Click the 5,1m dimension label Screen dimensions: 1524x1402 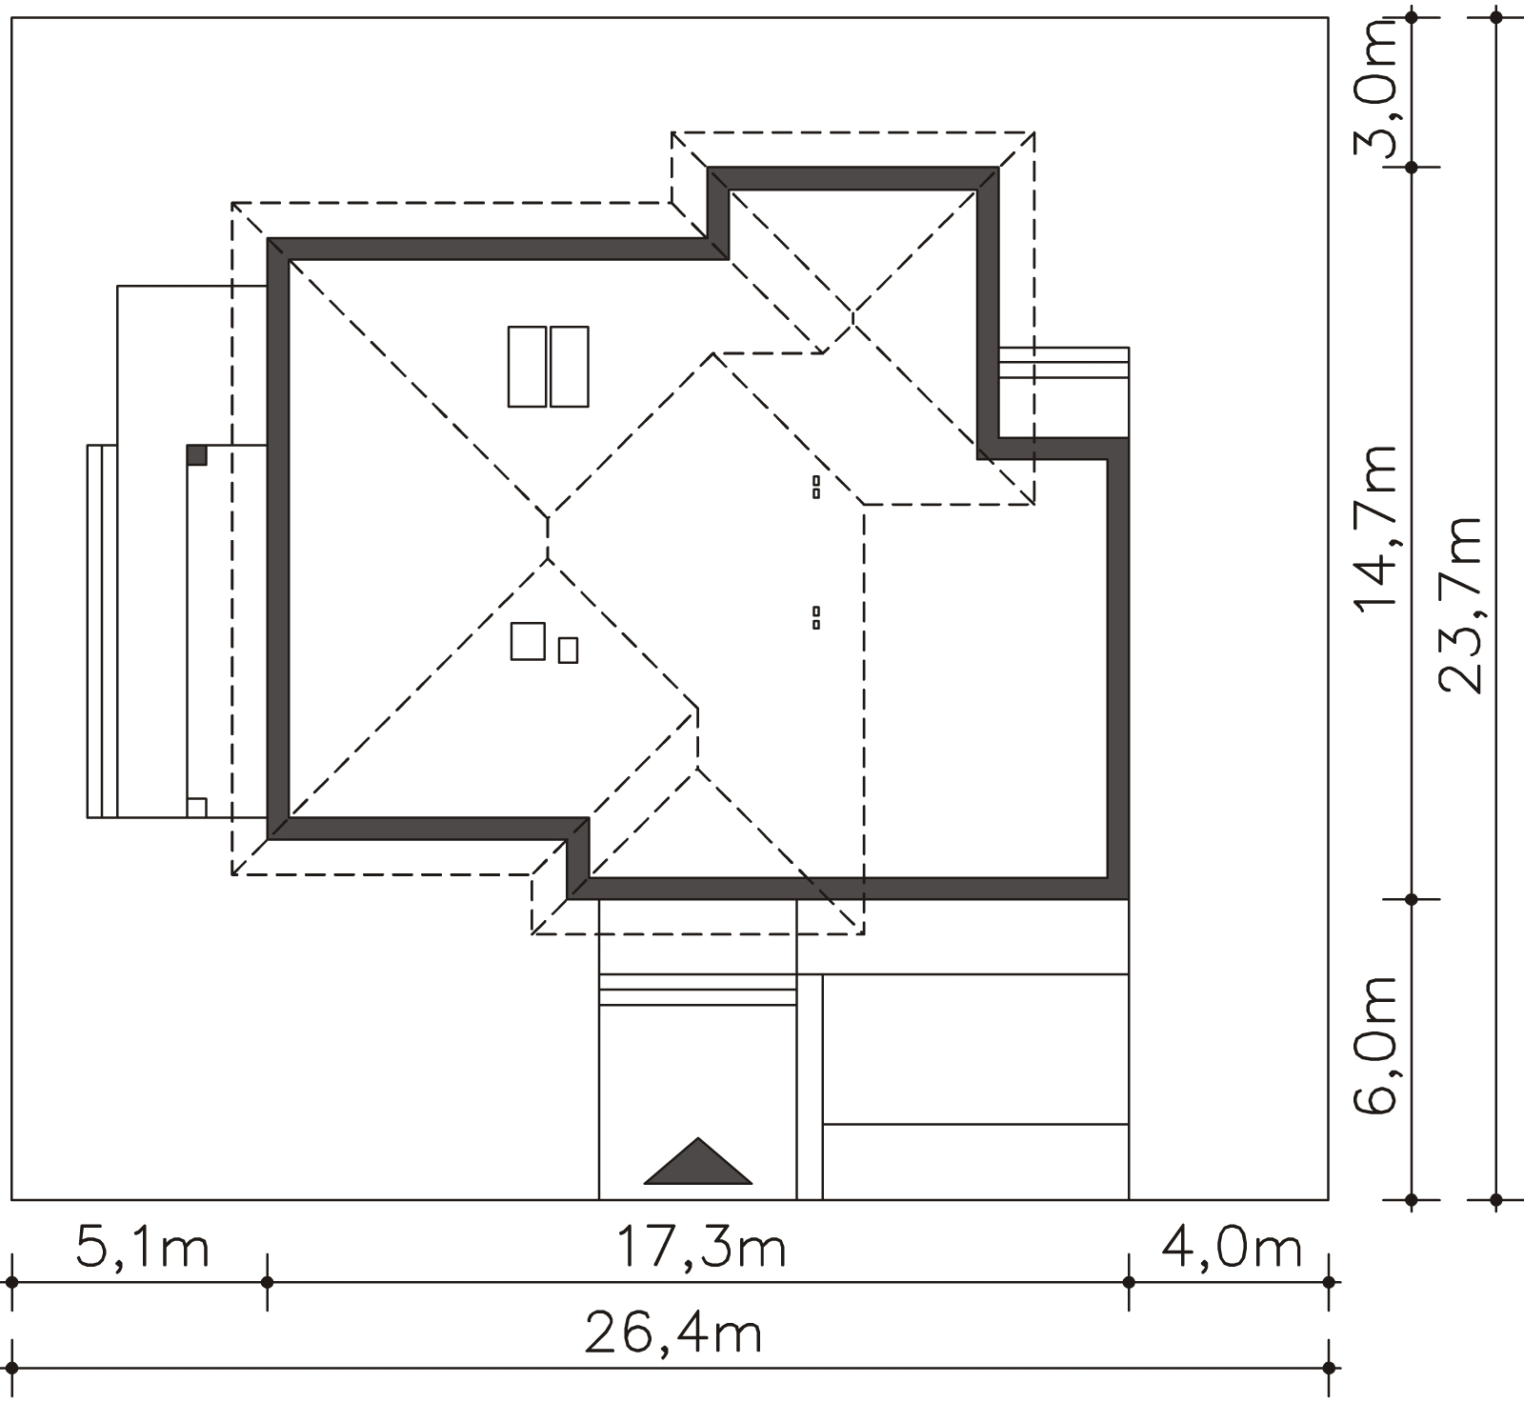coord(142,1249)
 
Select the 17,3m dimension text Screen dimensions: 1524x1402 coord(701,1249)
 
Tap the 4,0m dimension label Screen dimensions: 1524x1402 coord(1231,1249)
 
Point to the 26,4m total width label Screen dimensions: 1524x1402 coord(673,1334)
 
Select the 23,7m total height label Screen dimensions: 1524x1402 coord(1461,605)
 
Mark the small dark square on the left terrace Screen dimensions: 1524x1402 coord(197,454)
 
